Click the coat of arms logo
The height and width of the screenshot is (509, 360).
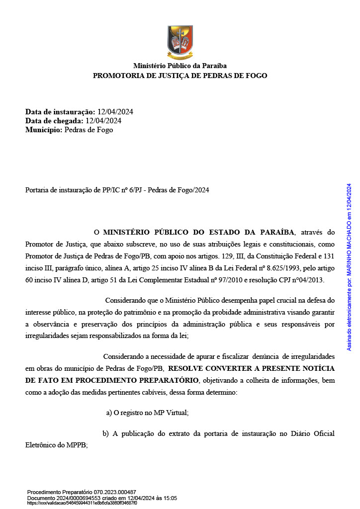[x=180, y=42]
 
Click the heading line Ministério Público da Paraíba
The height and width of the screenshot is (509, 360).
[x=180, y=66]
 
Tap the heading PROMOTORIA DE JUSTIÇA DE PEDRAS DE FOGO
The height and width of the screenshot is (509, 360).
[x=180, y=76]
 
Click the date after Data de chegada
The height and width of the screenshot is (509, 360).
[x=103, y=121]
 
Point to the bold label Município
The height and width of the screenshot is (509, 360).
[x=44, y=130]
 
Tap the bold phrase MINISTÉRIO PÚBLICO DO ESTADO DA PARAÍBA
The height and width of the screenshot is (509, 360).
[x=199, y=232]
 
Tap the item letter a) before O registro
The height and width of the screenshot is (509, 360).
[x=109, y=413]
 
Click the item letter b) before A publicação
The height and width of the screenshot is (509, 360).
[x=105, y=433]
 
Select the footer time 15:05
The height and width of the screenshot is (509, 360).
[x=170, y=498]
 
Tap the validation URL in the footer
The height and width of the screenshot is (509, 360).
[x=82, y=503]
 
